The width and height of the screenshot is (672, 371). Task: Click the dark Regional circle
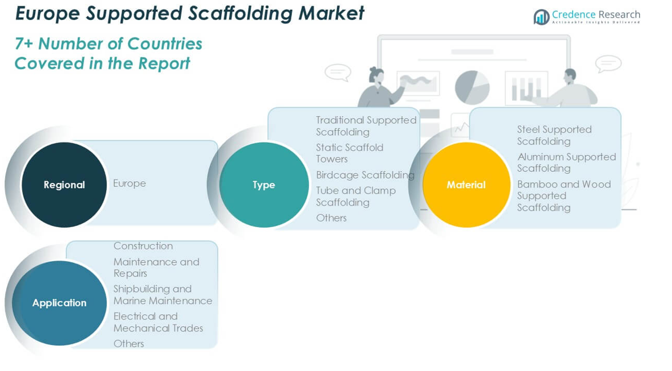coord(64,185)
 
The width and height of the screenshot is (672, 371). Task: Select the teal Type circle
coord(264,185)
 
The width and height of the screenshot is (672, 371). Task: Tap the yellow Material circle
coord(466,185)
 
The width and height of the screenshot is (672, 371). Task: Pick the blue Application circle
coord(60,303)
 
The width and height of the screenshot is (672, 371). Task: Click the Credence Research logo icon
coord(542,17)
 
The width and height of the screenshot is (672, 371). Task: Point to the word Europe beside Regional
coord(129,184)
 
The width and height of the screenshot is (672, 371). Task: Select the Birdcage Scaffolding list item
coord(365,175)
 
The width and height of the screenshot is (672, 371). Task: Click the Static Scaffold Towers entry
coord(349,153)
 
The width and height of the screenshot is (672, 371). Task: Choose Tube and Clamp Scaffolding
coord(356,197)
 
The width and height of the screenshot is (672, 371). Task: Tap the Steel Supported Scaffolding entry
coord(554,135)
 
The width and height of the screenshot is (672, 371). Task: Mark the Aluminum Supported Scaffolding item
coord(566,163)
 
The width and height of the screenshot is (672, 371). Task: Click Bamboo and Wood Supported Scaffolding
coord(563,196)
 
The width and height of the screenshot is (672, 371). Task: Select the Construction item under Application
coord(143,246)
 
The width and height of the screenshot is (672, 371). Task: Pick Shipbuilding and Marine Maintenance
coord(162,295)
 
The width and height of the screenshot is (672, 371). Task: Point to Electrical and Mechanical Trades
coord(158,322)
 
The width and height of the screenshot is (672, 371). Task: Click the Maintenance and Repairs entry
coord(156,267)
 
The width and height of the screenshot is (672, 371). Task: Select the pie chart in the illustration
coord(472,87)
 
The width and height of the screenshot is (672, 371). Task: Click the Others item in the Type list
coord(331,218)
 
